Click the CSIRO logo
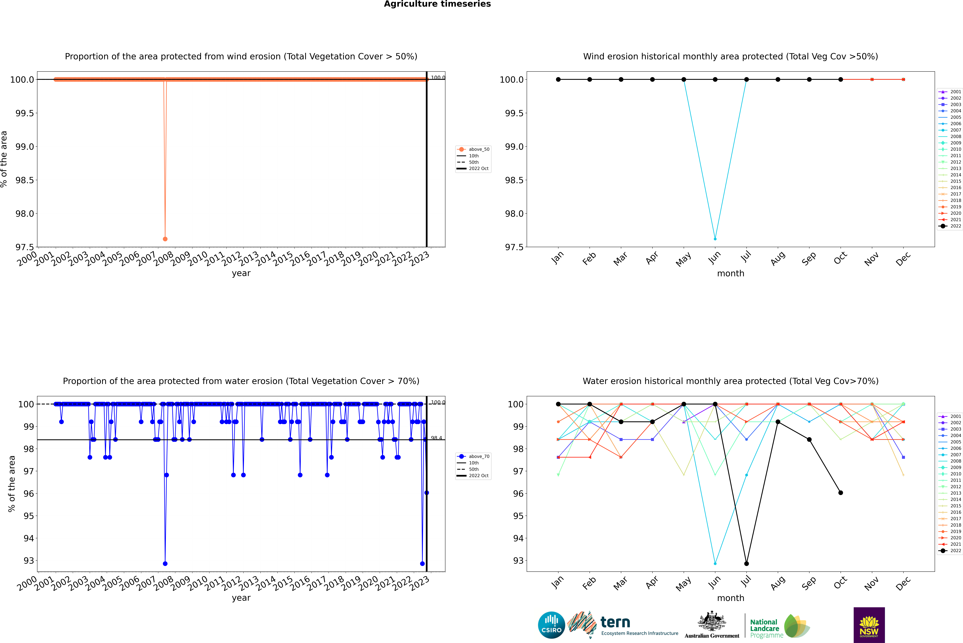(x=551, y=625)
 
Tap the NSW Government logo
(x=869, y=625)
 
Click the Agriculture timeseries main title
(x=437, y=4)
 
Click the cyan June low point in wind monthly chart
(x=715, y=239)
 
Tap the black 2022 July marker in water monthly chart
(x=746, y=563)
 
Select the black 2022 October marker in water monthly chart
(x=841, y=492)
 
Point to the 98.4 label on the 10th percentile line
(x=436, y=438)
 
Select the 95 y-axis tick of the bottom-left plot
(x=29, y=516)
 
